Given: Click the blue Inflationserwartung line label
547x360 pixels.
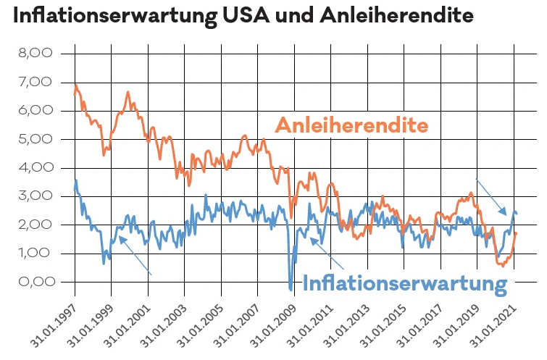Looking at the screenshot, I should click(x=404, y=283).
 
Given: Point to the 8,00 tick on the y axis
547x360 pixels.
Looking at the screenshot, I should click(x=36, y=54).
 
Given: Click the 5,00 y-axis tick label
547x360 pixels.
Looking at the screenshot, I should click(x=36, y=139).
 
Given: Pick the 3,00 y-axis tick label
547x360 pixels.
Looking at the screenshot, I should click(x=36, y=196).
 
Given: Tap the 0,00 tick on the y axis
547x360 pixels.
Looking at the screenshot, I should click(x=36, y=282).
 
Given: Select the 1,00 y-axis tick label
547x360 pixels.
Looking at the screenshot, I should click(x=36, y=254).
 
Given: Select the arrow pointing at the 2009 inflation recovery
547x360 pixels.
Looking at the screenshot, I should click(x=322, y=253).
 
